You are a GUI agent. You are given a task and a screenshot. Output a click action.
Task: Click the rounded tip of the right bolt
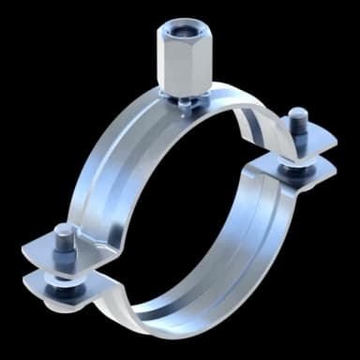point(298,115)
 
